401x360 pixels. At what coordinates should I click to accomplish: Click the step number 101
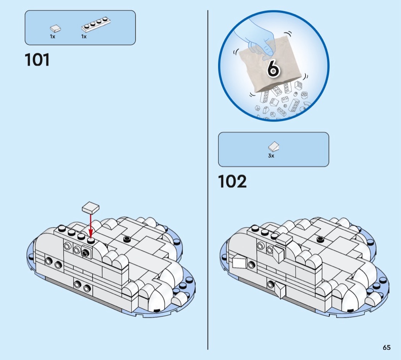[37, 60]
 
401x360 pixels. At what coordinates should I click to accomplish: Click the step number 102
[232, 181]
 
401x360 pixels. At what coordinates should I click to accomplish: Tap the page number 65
[386, 347]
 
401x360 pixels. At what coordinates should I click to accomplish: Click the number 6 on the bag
[273, 68]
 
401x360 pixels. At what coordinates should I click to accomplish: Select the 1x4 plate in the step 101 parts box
[96, 24]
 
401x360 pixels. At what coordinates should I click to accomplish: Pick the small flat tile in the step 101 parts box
[55, 28]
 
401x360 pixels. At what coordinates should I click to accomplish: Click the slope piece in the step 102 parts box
[274, 146]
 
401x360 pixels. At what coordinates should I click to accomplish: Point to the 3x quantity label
[271, 156]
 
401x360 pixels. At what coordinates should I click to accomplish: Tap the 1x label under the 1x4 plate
[84, 37]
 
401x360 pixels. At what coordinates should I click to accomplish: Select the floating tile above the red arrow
[91, 208]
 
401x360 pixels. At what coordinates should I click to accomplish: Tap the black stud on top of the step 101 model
[127, 239]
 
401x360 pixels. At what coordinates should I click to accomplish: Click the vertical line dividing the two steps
[208, 180]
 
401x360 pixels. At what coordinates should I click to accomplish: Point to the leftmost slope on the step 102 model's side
[239, 263]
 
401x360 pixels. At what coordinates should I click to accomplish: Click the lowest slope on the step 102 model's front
[280, 290]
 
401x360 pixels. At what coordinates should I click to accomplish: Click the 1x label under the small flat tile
[52, 37]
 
